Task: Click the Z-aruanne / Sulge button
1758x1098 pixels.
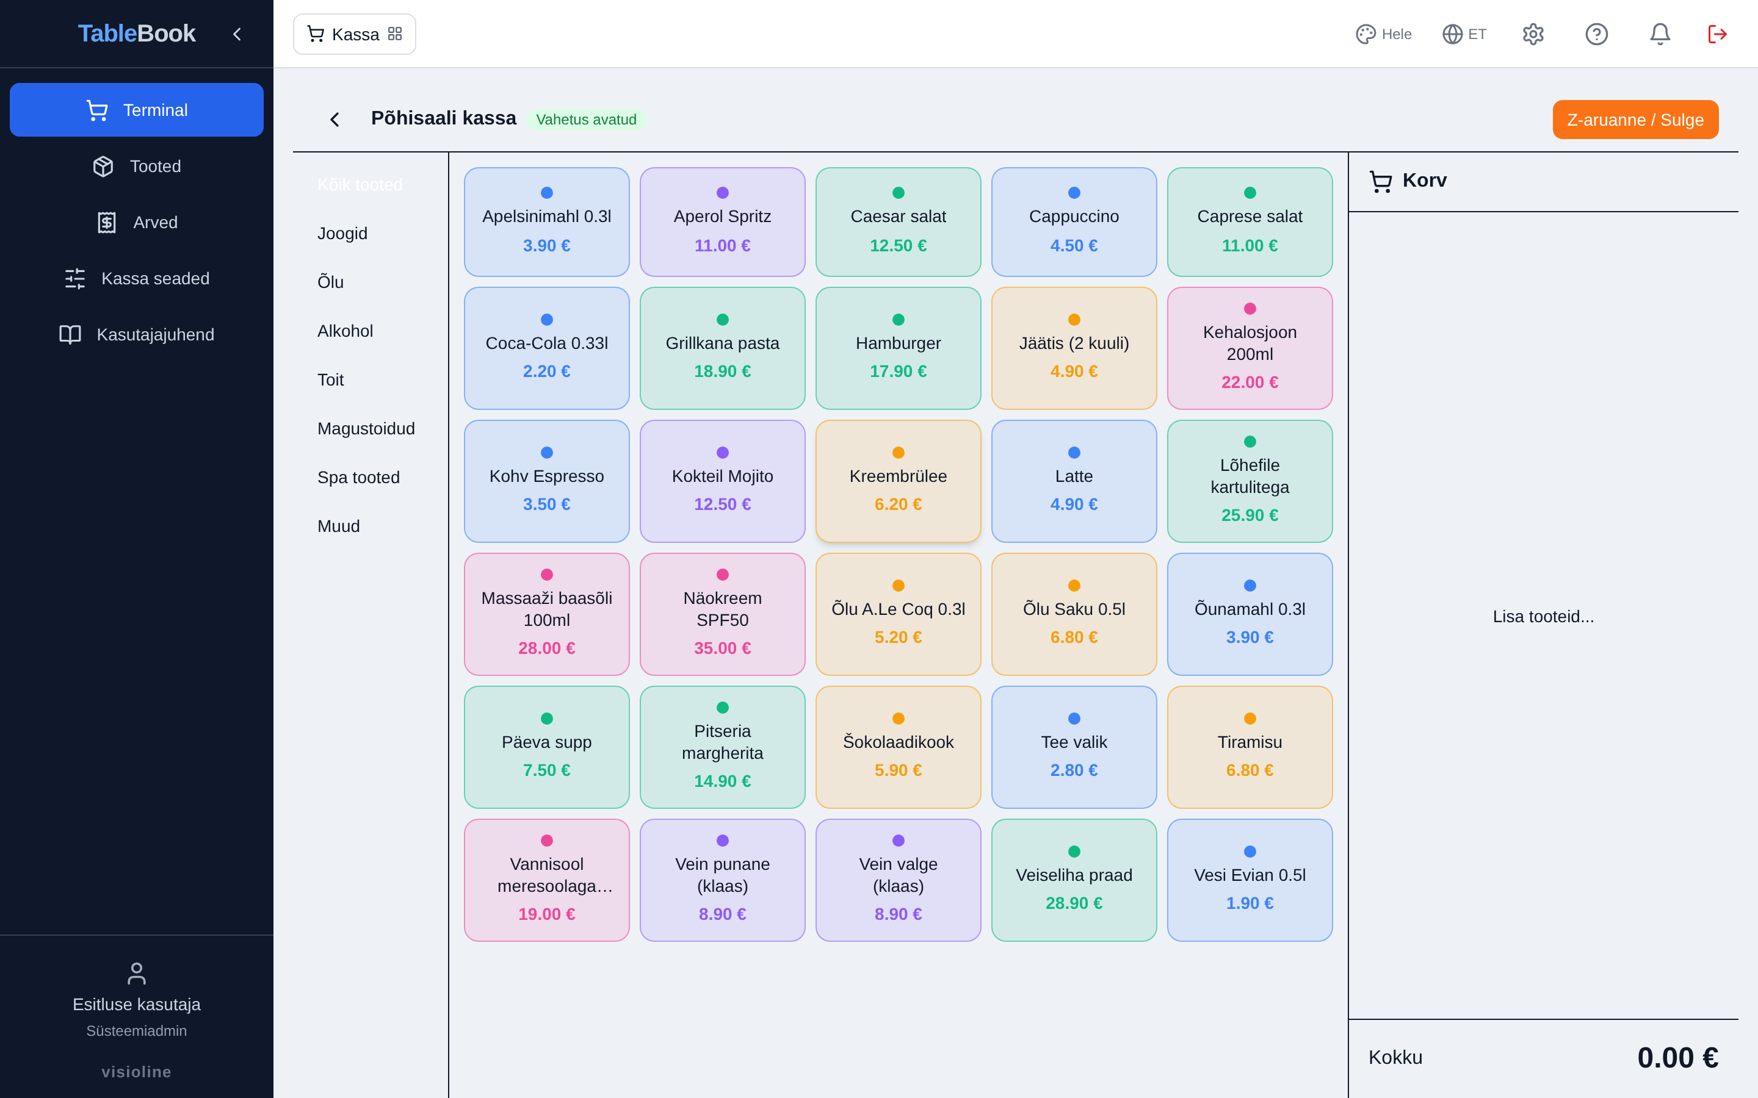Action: coord(1635,120)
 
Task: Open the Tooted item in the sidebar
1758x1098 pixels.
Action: coord(137,167)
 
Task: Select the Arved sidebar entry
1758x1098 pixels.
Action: coord(137,222)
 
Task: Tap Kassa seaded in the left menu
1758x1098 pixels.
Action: coord(137,279)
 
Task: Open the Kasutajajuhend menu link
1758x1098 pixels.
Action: coord(137,335)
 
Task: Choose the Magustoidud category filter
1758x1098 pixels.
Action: coord(366,428)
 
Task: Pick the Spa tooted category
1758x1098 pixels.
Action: coord(359,477)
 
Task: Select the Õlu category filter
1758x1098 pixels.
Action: coord(330,282)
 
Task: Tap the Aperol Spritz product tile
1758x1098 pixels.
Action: coord(722,221)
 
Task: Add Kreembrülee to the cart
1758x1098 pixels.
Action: coord(898,481)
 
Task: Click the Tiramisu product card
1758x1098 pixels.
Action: coord(1250,747)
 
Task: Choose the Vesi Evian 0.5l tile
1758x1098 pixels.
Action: coord(1250,880)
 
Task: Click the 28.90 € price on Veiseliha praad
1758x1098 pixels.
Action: coord(1074,903)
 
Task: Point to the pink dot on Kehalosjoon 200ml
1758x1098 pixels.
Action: coord(1250,309)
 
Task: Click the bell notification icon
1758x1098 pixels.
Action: coord(1660,34)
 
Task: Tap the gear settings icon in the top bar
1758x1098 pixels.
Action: coord(1533,34)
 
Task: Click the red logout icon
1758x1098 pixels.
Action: coord(1717,34)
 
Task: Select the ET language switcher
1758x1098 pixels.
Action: coord(1464,34)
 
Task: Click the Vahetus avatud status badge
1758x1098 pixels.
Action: coord(586,120)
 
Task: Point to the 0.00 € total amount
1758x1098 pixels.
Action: coord(1677,1057)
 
